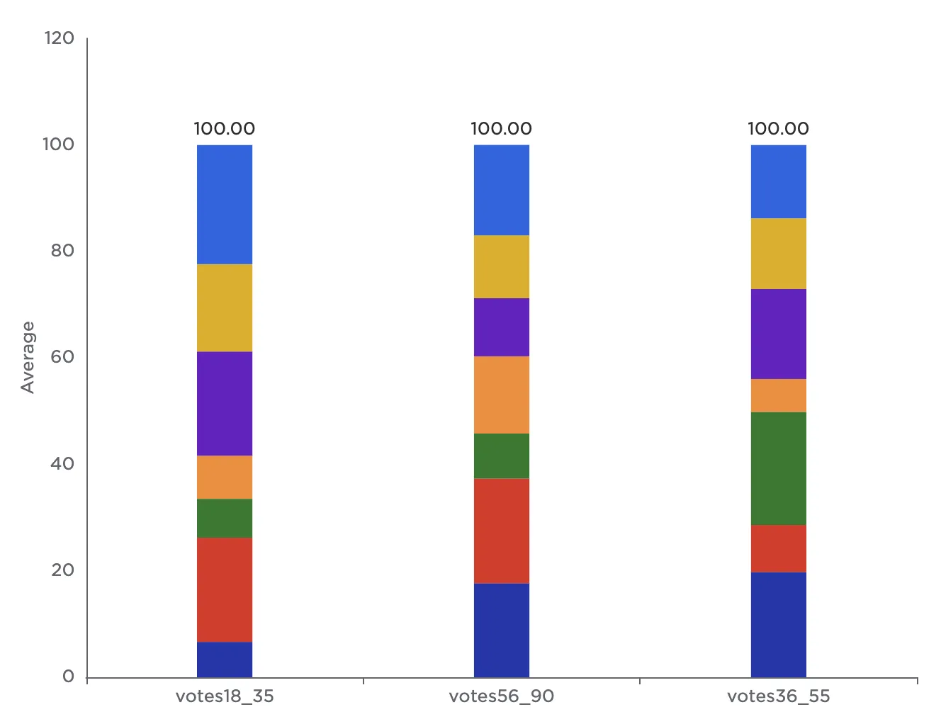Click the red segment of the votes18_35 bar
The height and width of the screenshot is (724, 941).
[x=225, y=589]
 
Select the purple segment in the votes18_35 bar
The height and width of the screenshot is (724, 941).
[x=225, y=403]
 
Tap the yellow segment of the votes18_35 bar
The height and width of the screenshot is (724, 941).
[x=225, y=307]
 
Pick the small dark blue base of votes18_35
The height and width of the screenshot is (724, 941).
[x=225, y=659]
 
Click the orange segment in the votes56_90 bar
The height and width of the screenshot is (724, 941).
[x=502, y=395]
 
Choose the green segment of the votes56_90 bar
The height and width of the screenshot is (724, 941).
[x=502, y=456]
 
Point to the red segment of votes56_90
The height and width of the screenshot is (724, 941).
[x=502, y=531]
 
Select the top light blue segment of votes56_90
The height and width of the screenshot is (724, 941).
[x=502, y=190]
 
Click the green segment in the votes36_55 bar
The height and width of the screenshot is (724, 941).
[x=779, y=468]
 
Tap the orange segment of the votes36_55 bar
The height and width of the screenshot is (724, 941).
[x=779, y=395]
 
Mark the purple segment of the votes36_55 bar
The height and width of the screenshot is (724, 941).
[x=779, y=334]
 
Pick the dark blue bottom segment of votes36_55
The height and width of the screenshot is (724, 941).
[x=779, y=624]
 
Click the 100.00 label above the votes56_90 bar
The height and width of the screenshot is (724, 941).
[x=502, y=128]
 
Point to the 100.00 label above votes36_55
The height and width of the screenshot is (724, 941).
[x=778, y=128]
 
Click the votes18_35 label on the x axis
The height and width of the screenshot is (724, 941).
[x=225, y=696]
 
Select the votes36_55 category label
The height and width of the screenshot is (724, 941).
[x=778, y=696]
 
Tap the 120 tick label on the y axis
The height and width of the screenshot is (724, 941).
[x=59, y=38]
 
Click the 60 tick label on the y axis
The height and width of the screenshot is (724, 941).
[x=62, y=357]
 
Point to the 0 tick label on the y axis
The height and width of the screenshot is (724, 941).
[x=68, y=677]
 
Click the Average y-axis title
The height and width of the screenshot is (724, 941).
[x=28, y=357]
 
